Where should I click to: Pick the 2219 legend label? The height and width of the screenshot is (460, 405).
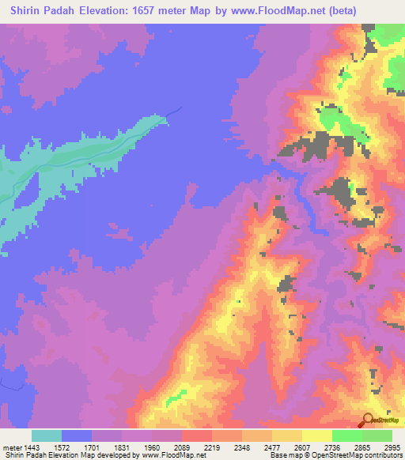(212, 446)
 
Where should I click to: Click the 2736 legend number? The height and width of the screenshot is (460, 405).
(334, 446)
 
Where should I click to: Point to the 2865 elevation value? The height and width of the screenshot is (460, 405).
(364, 446)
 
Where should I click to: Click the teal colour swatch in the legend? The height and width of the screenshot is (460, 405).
(47, 435)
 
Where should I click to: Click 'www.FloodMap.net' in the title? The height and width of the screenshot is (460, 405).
(265, 11)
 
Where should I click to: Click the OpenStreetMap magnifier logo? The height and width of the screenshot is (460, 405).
(367, 420)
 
